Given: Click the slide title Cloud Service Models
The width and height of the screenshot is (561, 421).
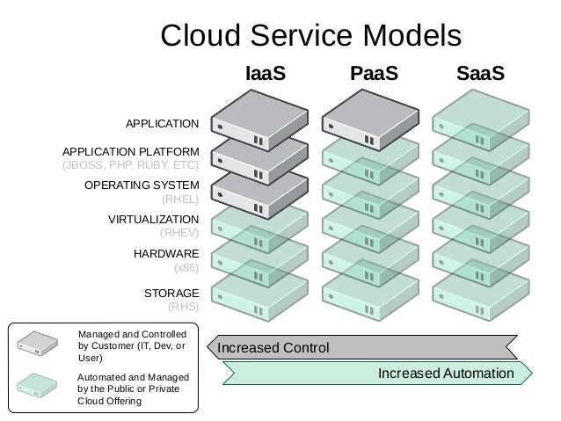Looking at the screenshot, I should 310,35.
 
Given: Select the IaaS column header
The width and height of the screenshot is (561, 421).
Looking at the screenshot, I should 265,75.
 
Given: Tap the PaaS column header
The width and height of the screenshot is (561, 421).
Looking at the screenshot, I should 374,75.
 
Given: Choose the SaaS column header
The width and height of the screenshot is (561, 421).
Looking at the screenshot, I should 480,75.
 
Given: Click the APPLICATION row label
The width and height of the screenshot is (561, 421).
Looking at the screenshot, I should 163,123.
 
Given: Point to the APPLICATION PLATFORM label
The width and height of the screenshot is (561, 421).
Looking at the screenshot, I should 131,151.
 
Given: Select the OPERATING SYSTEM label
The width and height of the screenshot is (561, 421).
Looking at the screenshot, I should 142,185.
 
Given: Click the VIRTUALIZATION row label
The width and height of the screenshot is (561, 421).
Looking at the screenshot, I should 153,218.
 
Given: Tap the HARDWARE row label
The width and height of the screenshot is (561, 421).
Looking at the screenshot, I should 166,253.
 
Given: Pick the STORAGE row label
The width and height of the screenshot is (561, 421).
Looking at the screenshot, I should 171,292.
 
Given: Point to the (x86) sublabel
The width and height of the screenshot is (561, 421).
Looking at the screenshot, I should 186,268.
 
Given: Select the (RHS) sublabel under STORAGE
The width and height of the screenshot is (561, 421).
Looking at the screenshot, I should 183,307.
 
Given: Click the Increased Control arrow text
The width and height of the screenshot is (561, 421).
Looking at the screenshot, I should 273,347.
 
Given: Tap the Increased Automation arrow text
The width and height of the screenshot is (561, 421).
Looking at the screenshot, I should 445,374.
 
